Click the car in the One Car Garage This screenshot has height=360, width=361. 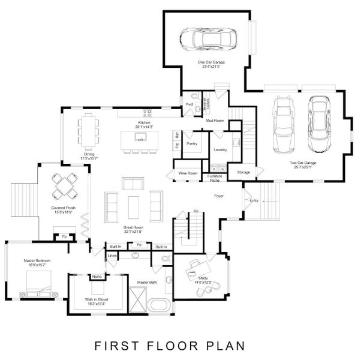[x=209, y=40]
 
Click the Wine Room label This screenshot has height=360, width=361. [x=188, y=173]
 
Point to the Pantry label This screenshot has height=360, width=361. [x=192, y=144]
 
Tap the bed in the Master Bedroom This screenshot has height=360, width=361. [x=40, y=284]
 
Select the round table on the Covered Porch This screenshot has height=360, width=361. [x=64, y=185]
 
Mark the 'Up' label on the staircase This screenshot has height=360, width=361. [x=195, y=211]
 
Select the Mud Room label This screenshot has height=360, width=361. [x=215, y=121]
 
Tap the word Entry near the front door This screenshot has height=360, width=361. [x=254, y=200]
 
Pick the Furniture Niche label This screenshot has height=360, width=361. [x=215, y=178]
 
